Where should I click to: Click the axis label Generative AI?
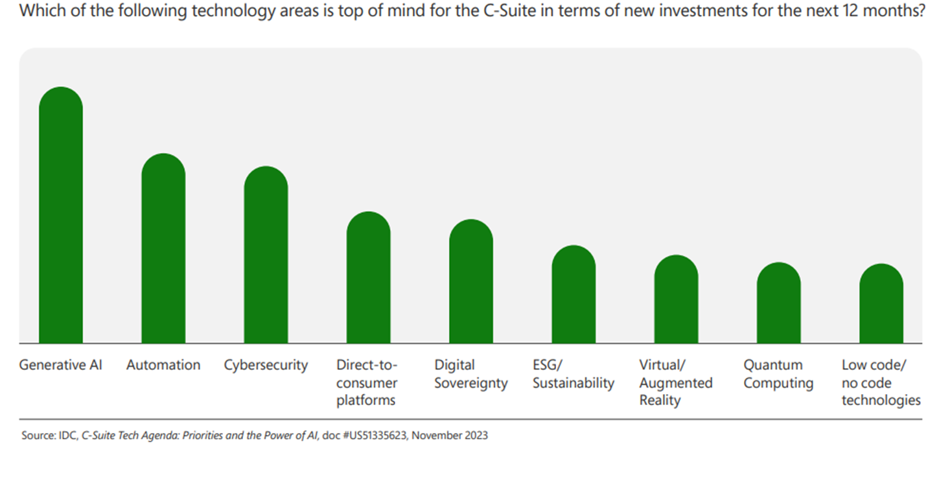pos(61,365)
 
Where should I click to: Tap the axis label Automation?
pos(163,365)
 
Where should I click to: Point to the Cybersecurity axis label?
pos(266,365)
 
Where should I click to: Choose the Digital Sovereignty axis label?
pos(470,374)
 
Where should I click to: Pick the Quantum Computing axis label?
pos(778,374)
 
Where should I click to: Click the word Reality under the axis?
pos(660,401)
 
